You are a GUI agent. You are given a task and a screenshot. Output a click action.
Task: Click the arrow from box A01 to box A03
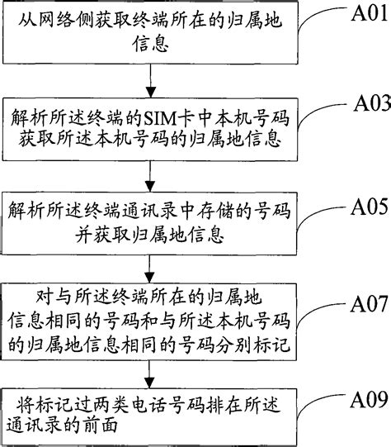coord(150,80)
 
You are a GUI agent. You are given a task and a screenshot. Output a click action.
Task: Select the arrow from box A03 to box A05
coord(150,174)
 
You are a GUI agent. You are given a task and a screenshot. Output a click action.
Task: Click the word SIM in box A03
coord(156,114)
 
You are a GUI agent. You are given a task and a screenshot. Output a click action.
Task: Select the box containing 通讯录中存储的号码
coord(150,218)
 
